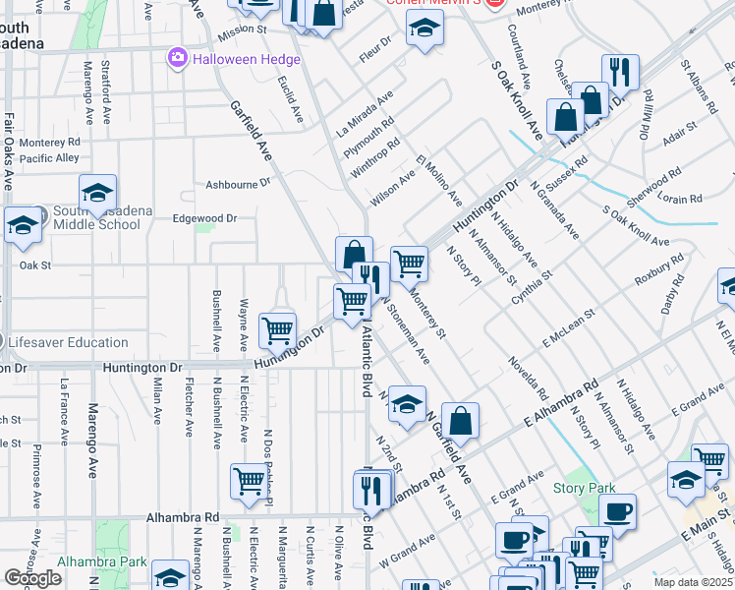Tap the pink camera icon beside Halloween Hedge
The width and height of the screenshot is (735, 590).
(178, 58)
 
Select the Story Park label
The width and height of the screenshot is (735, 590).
(584, 488)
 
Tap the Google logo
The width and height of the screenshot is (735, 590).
(32, 578)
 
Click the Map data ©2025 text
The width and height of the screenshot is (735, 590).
(692, 582)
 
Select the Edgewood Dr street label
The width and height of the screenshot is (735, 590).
(205, 218)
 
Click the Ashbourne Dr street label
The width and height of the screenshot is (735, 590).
(237, 184)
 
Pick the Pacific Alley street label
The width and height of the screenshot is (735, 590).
(49, 157)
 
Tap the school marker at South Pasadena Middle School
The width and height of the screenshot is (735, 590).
(97, 193)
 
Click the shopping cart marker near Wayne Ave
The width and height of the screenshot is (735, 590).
(278, 329)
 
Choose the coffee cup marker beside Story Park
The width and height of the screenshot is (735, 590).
(617, 511)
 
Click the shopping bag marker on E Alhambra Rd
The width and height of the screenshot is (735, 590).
(460, 421)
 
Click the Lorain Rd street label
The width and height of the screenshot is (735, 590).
(682, 198)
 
